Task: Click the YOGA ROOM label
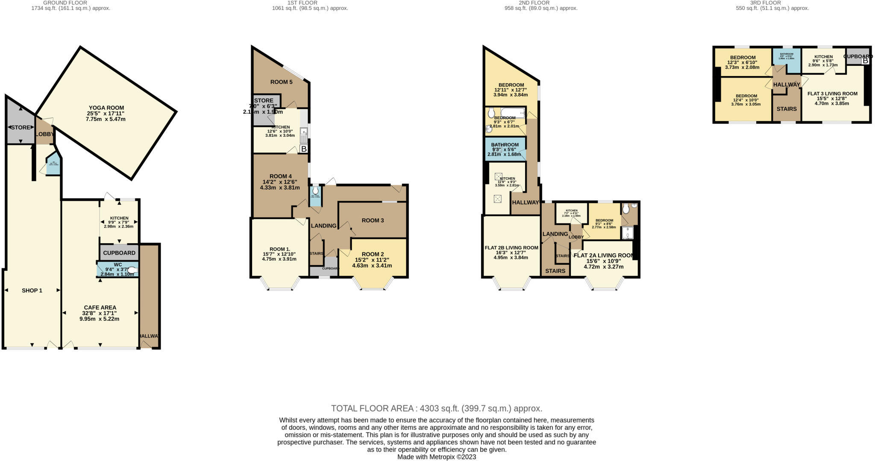106,108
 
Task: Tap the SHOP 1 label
32,291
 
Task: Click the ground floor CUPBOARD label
119,253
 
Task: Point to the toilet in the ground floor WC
132,270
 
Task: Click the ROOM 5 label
281,82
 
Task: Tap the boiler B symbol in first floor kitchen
304,149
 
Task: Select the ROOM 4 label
281,176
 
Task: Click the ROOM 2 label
373,254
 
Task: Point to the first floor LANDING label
323,226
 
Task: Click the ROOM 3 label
373,220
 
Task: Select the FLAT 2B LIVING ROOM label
511,248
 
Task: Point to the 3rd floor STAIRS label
787,109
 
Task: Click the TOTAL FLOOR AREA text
437,408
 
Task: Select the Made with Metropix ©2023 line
437,457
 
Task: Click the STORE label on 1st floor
264,101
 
